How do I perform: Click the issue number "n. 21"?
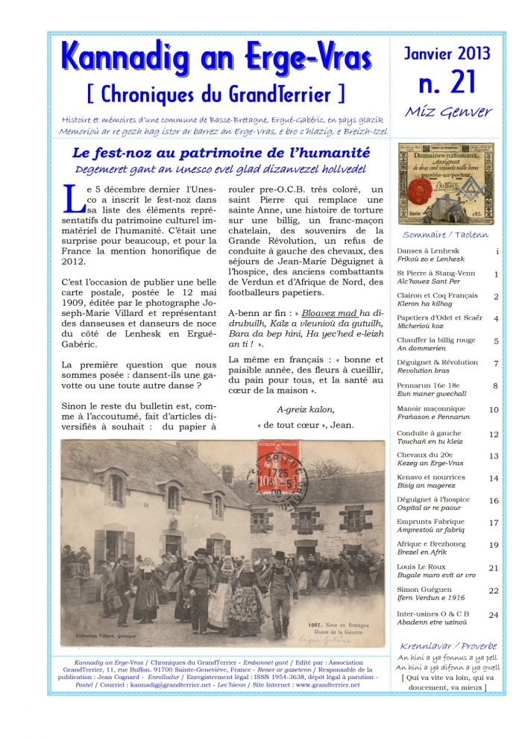click(x=447, y=83)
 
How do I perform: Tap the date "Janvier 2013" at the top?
click(x=447, y=54)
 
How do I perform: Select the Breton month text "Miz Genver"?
click(x=447, y=112)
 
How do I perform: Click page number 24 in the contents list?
click(x=494, y=615)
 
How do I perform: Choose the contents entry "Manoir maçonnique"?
click(x=430, y=409)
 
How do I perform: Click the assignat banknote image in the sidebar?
click(x=446, y=183)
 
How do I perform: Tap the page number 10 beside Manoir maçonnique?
click(x=494, y=409)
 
